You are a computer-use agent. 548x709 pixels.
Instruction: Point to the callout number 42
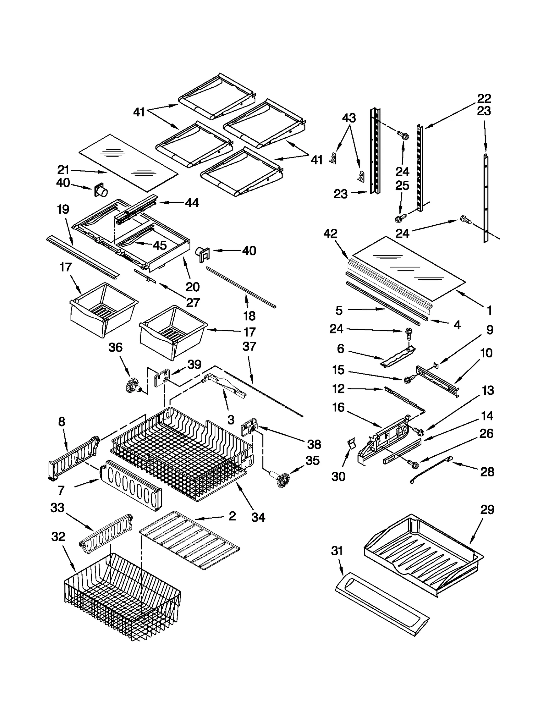coord(331,234)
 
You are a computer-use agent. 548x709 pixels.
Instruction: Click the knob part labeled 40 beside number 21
coord(100,190)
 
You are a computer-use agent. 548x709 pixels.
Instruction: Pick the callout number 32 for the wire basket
coord(58,537)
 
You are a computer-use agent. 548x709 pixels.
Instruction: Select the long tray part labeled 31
coord(382,604)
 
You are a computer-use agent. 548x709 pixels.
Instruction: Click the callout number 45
coord(160,245)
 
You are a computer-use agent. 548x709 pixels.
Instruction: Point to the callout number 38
coord(314,444)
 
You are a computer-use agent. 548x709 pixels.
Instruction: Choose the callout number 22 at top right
coord(484,99)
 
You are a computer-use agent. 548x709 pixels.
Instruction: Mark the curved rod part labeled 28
coord(431,469)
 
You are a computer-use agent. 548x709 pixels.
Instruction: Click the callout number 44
coord(192,203)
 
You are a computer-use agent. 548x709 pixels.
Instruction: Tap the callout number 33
coord(57,507)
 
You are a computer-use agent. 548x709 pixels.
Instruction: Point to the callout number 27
coord(193,303)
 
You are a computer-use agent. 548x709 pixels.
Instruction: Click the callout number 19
coord(63,209)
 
